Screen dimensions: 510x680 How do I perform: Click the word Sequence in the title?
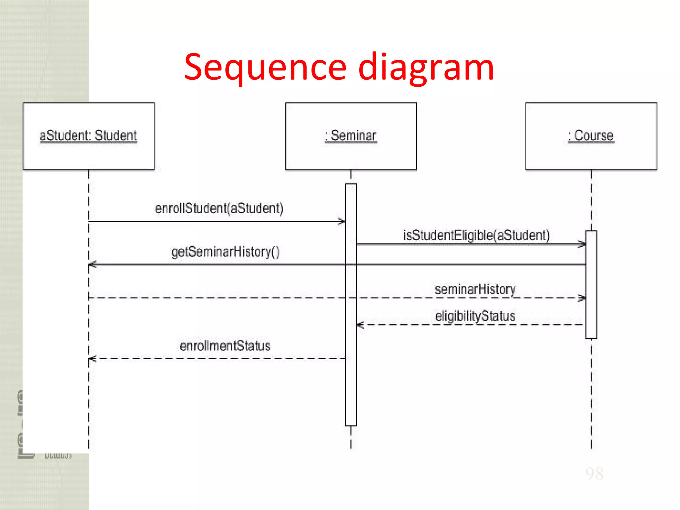coord(266,68)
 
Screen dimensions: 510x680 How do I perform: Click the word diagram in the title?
coord(426,68)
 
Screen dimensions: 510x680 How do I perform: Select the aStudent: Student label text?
coord(88,135)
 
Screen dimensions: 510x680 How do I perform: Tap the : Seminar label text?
coord(351,135)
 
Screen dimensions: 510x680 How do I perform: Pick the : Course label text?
coord(591,135)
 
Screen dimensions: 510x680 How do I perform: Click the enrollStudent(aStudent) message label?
coord(219,209)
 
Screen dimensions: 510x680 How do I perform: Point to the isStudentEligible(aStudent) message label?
coord(476,235)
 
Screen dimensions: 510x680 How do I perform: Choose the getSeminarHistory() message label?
coord(225,252)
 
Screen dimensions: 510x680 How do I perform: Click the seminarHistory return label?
coord(475,289)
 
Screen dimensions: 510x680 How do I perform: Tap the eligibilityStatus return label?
coord(475,316)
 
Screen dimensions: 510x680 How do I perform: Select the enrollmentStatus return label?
coord(225,346)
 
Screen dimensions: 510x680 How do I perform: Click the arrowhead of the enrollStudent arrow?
coord(342,221)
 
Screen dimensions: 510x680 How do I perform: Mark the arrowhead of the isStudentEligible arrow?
coord(582,244)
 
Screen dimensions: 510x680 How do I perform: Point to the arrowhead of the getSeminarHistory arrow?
coord(93,265)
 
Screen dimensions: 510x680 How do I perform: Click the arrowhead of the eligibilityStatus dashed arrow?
coord(360,325)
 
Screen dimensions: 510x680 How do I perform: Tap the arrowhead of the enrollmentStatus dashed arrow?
coord(93,359)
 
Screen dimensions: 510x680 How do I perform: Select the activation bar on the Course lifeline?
coord(591,284)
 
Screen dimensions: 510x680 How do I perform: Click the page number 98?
coord(594,474)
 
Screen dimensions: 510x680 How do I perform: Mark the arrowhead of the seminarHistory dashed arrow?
coord(582,298)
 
